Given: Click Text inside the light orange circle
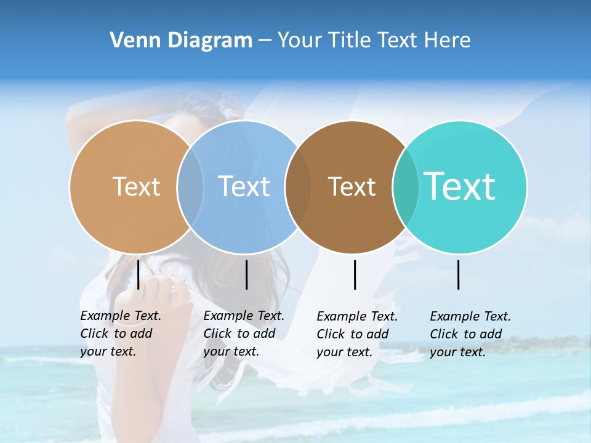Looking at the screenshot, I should [x=136, y=186].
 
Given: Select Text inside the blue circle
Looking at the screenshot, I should [x=244, y=186].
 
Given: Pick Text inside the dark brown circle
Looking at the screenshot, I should [x=352, y=186].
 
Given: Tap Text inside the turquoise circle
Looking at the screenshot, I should [x=460, y=186].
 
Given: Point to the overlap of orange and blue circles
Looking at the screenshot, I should [x=190, y=186].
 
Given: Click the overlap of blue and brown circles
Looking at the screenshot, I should [x=298, y=186].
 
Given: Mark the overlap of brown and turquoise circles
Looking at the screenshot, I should [x=406, y=186].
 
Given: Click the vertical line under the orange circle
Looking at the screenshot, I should [x=139, y=274].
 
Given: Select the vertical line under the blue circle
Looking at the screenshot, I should [x=246, y=275].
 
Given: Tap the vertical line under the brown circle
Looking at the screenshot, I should [x=355, y=275].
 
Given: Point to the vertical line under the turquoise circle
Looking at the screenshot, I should [x=459, y=275].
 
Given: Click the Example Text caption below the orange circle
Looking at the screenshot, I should [x=120, y=333].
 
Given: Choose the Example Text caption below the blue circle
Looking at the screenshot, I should [x=243, y=333].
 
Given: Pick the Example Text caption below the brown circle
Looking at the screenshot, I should [x=356, y=334].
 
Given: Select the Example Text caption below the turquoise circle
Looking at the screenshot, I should [x=470, y=334].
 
